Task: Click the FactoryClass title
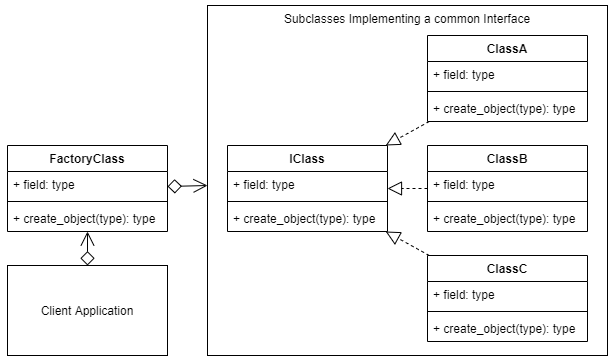(87, 159)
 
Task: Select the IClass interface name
(307, 159)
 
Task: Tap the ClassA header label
(507, 48)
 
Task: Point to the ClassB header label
(507, 159)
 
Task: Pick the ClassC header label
(507, 269)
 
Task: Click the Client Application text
(87, 310)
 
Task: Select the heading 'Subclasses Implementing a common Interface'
(407, 19)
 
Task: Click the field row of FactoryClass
(44, 185)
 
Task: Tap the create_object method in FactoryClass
(84, 219)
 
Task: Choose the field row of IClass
(264, 185)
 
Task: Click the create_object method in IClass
(304, 219)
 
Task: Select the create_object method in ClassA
(504, 109)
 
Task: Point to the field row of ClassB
(464, 185)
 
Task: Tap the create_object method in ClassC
(504, 329)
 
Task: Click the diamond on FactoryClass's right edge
(174, 186)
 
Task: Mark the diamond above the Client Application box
(87, 258)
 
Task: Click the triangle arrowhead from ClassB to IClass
(395, 189)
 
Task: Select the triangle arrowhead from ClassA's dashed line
(394, 139)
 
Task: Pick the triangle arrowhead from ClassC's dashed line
(394, 237)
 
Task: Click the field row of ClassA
(464, 75)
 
